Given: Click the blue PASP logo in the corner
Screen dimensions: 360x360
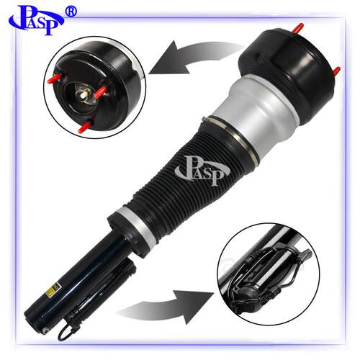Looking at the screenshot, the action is [36, 20].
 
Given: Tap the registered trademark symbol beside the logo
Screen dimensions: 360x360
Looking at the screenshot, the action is [71, 12].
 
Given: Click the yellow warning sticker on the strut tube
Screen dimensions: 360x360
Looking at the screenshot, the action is [53, 289].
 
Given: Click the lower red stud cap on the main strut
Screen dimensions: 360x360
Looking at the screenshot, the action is [336, 71].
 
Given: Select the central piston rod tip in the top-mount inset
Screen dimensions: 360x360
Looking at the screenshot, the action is [84, 94].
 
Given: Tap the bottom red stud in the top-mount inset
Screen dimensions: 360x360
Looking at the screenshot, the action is [84, 127].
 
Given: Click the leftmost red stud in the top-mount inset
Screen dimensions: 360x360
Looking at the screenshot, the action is [55, 78].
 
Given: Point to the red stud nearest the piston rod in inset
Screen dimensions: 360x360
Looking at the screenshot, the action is [100, 91].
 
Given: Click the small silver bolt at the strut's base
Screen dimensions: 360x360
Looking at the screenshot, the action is [45, 330].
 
